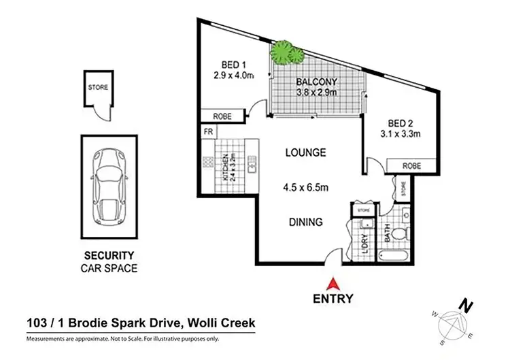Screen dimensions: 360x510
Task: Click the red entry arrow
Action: point(333,284)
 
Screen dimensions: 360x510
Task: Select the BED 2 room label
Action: point(401,123)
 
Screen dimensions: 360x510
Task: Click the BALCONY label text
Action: point(317,84)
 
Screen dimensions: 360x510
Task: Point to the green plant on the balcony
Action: point(285,52)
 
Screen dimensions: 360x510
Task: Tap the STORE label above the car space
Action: point(97,87)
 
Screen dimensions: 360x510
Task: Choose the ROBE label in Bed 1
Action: point(222,116)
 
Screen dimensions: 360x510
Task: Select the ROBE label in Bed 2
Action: point(411,165)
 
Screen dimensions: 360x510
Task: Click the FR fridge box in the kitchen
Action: point(207,131)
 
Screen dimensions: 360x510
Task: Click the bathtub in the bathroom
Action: point(395,257)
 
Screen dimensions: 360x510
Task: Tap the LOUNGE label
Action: point(305,152)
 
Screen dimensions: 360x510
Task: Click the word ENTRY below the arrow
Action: point(333,298)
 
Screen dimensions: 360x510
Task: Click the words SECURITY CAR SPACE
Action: point(109,261)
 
